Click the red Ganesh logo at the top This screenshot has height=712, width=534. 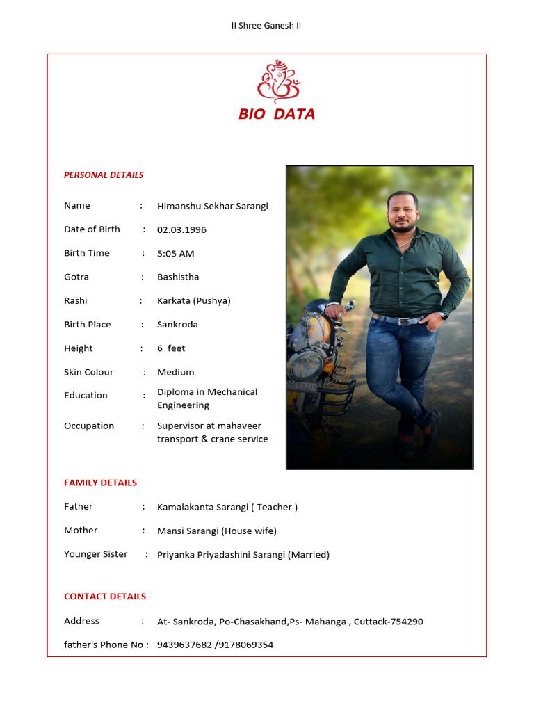[277, 83]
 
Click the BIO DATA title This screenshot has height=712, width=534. [277, 114]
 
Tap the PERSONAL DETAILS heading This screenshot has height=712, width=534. [104, 175]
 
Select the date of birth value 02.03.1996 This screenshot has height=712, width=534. [181, 229]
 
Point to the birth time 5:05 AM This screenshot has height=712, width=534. [175, 254]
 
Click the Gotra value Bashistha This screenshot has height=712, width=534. [178, 277]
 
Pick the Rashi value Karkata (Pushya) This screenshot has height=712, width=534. [193, 301]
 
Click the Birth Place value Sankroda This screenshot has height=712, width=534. [177, 325]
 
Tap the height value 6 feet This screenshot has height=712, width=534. [171, 348]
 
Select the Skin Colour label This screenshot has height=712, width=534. [88, 372]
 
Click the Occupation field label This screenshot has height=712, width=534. [89, 426]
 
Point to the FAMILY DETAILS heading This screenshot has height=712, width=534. [100, 483]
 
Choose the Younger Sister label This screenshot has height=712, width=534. [96, 554]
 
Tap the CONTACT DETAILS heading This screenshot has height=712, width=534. [105, 597]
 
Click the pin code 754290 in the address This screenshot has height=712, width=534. [406, 622]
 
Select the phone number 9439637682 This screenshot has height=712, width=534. [184, 645]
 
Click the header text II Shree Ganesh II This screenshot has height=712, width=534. [266, 26]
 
